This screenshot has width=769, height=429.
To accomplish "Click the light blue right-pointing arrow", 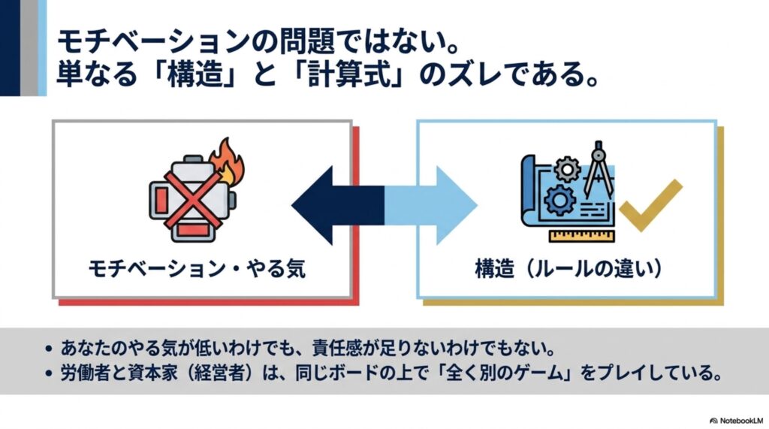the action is pyautogui.click(x=430, y=205).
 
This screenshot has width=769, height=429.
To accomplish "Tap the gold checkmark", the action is pyautogui.click(x=650, y=206).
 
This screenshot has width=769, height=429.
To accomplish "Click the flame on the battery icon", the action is pyautogui.click(x=226, y=160).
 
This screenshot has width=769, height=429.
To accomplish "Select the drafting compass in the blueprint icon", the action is pyautogui.click(x=599, y=169).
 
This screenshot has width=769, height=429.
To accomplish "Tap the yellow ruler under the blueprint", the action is pyautogui.click(x=582, y=236).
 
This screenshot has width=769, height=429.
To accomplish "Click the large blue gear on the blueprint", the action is pyautogui.click(x=559, y=201).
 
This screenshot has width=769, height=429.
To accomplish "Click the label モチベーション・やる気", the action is pyautogui.click(x=198, y=269).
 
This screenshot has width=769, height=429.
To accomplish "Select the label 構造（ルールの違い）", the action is pyautogui.click(x=568, y=269).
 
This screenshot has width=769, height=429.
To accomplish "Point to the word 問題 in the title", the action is pyautogui.click(x=308, y=41).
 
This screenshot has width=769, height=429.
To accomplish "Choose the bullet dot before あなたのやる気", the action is pyautogui.click(x=48, y=349).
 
